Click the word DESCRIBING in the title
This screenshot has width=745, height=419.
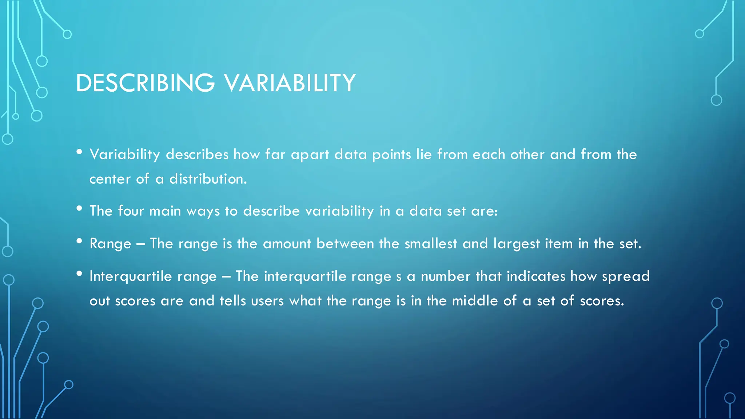point(145,83)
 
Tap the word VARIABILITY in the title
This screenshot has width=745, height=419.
point(290,83)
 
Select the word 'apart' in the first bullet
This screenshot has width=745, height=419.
point(310,155)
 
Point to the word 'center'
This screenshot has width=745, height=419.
point(110,179)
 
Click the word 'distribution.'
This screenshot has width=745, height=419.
point(208,179)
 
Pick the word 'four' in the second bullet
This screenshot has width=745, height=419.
point(131,211)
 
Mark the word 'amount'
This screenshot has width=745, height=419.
point(287,244)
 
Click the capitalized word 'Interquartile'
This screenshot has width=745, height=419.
point(131,276)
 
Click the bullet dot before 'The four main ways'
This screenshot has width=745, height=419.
point(79,208)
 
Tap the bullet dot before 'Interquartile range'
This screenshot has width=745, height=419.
point(79,274)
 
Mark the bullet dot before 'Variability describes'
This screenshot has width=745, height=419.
point(79,152)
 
